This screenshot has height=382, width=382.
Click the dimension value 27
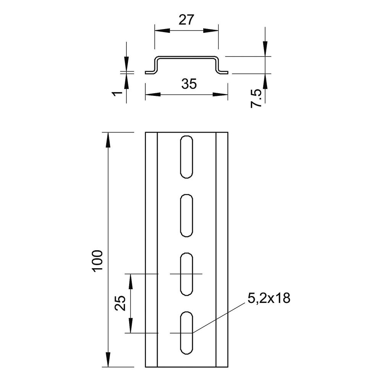(186, 20)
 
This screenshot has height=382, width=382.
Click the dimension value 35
(189, 84)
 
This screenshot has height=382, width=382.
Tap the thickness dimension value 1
(117, 93)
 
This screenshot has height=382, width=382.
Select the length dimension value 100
(98, 261)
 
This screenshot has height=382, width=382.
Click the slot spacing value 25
(120, 303)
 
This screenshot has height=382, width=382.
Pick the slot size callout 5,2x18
(269, 298)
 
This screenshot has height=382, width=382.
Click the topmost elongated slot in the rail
(187, 157)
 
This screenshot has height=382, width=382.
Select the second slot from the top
(187, 215)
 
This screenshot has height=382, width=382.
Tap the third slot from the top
(187, 274)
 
